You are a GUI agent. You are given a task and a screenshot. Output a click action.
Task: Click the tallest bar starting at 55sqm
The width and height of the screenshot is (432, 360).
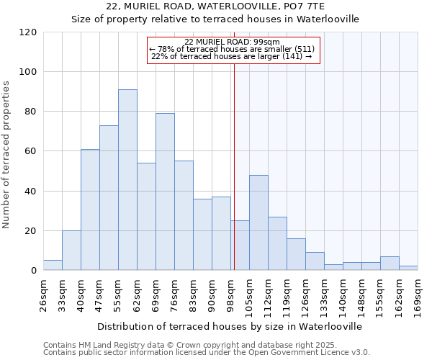tap(127, 180)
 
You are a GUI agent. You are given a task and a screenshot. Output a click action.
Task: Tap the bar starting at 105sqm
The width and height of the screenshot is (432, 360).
tap(258, 222)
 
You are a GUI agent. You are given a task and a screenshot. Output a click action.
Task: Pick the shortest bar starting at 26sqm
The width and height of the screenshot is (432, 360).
tap(53, 266)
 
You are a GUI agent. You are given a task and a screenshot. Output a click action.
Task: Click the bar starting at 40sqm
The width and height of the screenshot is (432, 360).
tap(90, 210)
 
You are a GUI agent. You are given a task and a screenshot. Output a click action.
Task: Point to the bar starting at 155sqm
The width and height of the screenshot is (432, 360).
tap(390, 264)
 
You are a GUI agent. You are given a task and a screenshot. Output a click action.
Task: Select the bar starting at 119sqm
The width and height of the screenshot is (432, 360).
tap(296, 255)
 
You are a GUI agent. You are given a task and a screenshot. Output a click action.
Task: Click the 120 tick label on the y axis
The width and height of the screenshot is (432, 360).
tap(28, 32)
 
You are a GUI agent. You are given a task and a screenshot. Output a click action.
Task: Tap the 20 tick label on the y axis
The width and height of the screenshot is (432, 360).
tap(31, 231)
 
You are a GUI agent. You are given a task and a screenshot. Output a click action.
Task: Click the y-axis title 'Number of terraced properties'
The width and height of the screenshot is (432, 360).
tap(7, 154)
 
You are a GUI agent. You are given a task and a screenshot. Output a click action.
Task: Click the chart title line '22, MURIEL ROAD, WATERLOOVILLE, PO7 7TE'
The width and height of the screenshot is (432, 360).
tap(215, 6)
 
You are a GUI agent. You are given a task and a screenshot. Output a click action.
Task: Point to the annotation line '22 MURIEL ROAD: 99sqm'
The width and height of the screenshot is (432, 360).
tap(231, 42)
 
